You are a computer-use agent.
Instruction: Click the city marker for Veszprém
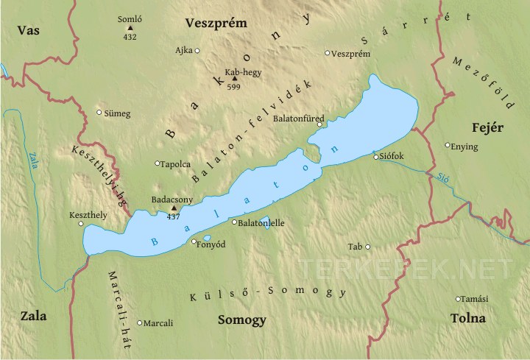[x=328, y=53]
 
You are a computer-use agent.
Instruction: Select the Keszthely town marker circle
[x=81, y=224]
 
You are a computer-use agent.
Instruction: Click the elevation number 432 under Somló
[x=130, y=36]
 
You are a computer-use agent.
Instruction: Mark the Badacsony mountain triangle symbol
[x=174, y=208]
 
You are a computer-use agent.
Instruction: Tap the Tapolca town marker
[x=158, y=163]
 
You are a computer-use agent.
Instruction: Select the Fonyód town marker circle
[x=194, y=241]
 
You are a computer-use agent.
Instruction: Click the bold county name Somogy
[x=242, y=320]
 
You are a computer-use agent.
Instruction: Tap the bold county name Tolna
[x=467, y=319]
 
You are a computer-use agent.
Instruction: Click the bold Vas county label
[x=28, y=30]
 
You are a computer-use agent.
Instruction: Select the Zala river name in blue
[x=33, y=160]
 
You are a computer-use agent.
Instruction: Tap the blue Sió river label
[x=439, y=177]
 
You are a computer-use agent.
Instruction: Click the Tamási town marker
[x=459, y=299]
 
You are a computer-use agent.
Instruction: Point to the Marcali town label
[x=159, y=323]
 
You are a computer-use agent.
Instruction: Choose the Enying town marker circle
[x=448, y=145]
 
